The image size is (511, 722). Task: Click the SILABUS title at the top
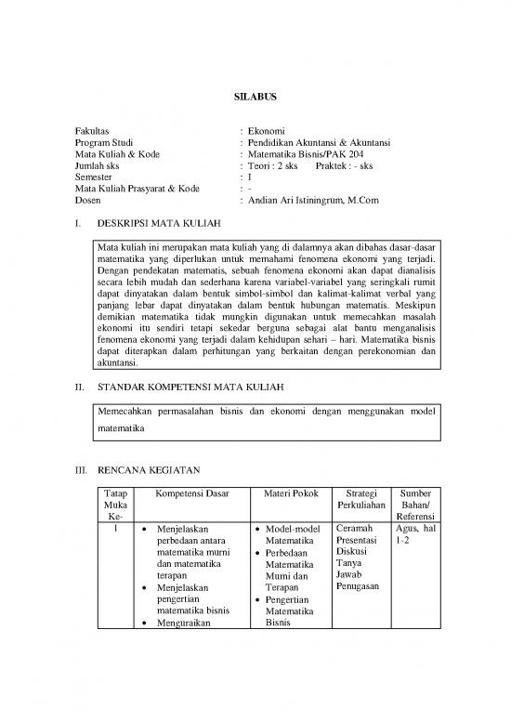point(255,95)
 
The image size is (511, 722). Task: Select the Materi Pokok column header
point(286,492)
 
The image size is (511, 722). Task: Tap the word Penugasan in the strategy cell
point(360,586)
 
